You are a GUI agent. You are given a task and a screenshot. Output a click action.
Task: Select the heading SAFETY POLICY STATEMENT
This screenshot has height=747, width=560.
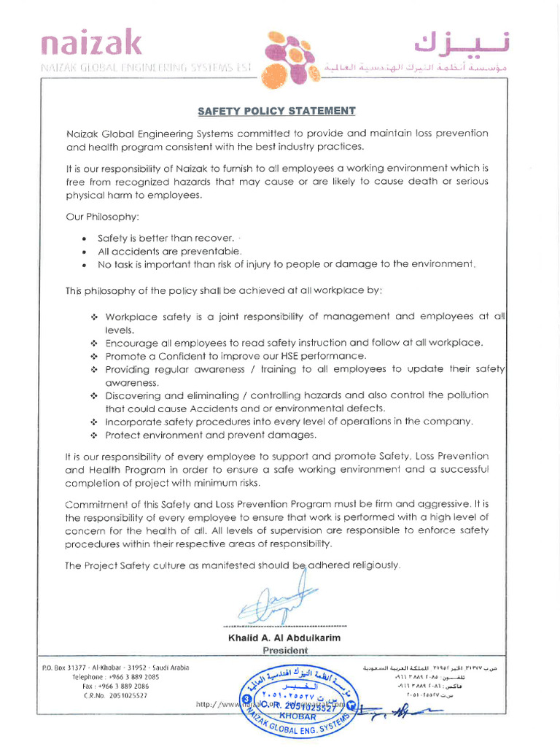click(x=277, y=111)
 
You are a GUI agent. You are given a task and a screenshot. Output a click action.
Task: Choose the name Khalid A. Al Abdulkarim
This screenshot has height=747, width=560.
click(x=284, y=638)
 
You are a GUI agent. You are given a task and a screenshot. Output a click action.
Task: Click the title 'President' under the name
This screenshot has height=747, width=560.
click(x=284, y=650)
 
